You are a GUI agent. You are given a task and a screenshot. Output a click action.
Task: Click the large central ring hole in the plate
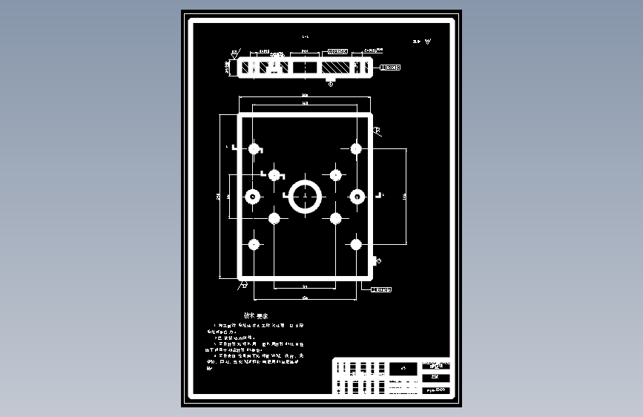(x=305, y=197)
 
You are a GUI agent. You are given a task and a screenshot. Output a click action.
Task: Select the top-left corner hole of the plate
(x=254, y=148)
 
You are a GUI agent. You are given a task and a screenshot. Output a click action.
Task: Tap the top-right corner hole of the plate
(x=356, y=148)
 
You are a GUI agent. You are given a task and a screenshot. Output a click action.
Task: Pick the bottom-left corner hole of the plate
(x=254, y=243)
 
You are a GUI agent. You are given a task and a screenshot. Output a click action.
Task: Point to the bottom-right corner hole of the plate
(x=356, y=243)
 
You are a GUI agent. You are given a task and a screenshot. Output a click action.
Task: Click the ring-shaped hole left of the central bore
(x=254, y=197)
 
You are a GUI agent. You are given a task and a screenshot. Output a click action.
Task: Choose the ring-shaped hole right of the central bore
(x=357, y=197)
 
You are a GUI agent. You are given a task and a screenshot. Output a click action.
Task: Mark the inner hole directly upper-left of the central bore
(x=274, y=175)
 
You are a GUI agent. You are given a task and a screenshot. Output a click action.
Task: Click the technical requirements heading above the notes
(x=256, y=315)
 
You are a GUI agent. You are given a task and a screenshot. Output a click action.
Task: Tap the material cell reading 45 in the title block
(x=403, y=368)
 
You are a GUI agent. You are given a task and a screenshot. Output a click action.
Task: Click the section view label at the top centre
(x=306, y=36)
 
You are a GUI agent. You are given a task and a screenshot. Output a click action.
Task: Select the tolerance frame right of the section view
(x=390, y=68)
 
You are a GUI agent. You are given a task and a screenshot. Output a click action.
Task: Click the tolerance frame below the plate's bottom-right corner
(x=381, y=289)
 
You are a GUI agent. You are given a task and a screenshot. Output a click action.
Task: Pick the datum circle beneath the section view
(x=331, y=84)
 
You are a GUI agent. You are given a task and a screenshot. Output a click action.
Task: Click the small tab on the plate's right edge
(x=376, y=260)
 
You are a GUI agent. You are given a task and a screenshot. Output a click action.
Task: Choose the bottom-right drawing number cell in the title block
(x=435, y=390)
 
